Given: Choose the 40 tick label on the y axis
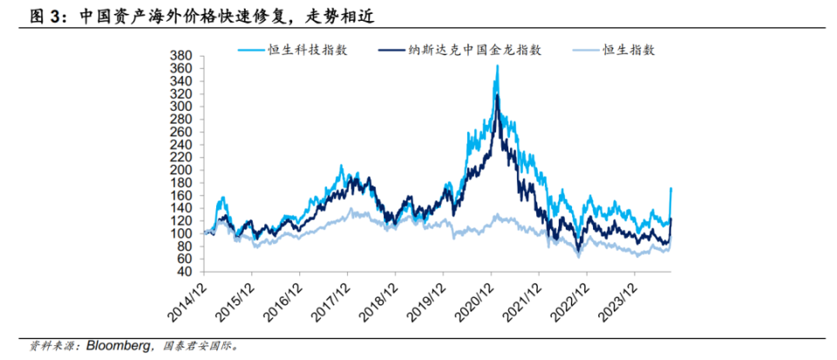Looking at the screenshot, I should coord(186,272).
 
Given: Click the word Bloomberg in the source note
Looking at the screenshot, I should coord(121,345).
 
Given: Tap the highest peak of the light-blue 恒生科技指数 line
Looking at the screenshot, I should coord(497,65).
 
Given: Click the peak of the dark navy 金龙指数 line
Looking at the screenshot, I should coord(497,95).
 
